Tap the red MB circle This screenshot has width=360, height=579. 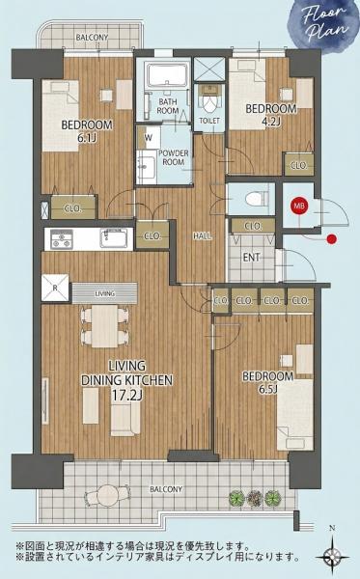click(x=298, y=205)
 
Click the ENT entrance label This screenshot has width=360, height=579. click(x=250, y=257)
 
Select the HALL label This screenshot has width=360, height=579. click(x=203, y=235)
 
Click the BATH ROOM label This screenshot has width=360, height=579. click(x=169, y=106)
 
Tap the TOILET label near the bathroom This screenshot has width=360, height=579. click(x=208, y=122)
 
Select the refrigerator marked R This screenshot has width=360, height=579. click(x=56, y=288)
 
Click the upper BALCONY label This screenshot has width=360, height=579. click(x=91, y=39)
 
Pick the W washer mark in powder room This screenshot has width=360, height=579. click(x=148, y=137)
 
